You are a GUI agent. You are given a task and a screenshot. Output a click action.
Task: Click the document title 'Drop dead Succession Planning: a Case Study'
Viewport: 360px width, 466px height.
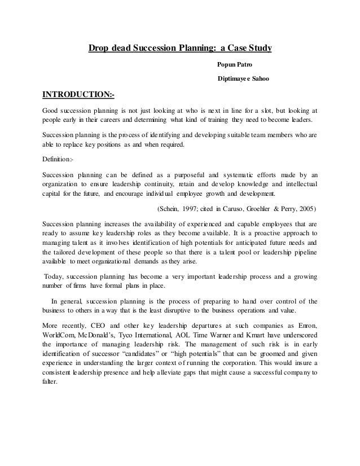point(180,49)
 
